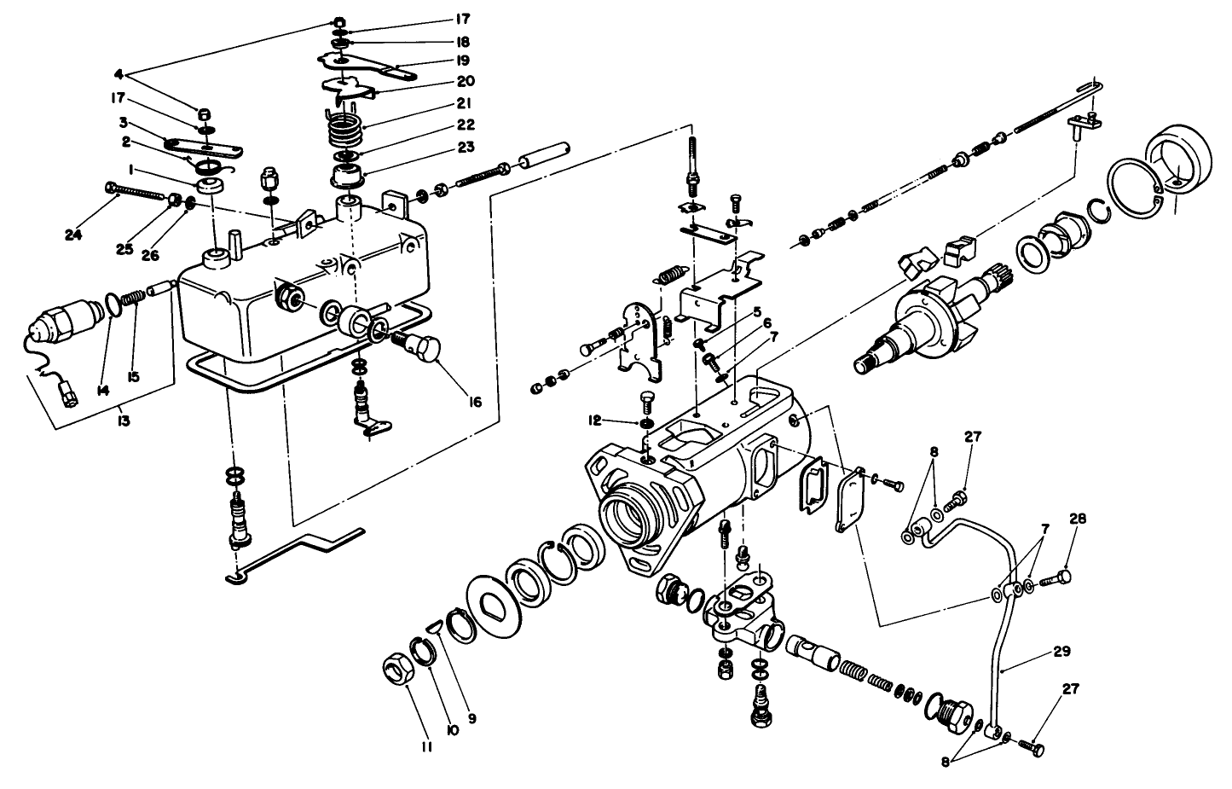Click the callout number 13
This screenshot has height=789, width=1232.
pos(124,421)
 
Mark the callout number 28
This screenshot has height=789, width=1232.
pos(1077,518)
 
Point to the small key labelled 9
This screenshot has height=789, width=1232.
pos(433,628)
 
